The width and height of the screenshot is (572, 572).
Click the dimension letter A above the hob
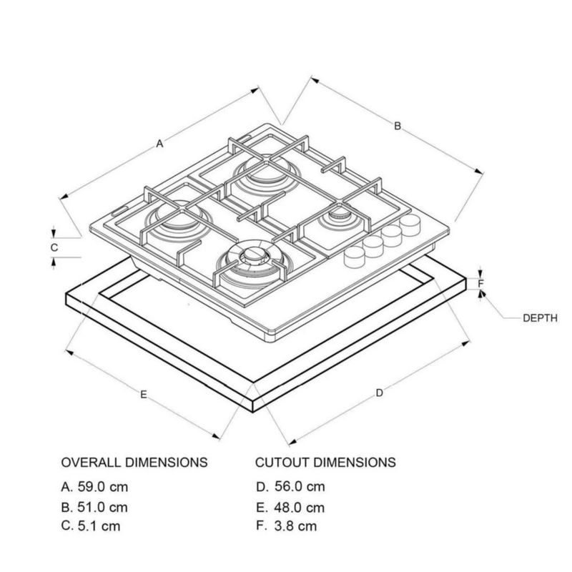160,144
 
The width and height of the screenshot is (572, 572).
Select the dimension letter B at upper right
398,126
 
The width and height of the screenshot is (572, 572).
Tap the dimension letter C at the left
54,247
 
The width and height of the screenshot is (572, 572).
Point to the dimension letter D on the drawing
380,392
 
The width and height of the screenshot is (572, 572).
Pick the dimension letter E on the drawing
144,394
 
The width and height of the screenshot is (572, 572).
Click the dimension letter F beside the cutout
481,283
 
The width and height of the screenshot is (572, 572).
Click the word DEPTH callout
539,318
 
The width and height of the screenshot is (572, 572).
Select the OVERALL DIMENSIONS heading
134,462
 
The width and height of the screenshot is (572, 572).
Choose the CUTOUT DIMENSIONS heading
325,462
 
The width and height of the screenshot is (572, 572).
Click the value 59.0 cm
103,487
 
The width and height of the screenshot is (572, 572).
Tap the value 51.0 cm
103,508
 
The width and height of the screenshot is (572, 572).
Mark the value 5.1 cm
99,527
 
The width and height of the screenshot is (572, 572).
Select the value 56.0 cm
299,487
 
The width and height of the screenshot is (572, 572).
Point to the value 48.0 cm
299,508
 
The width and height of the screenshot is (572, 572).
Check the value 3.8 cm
295,527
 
